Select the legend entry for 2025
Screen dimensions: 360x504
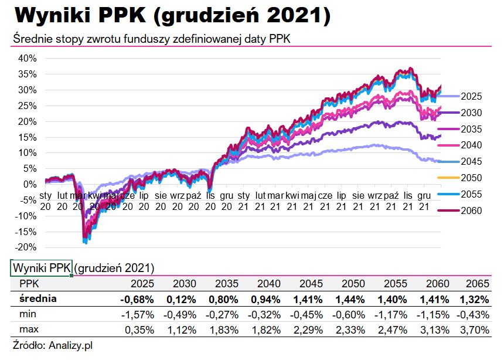coord(471,96)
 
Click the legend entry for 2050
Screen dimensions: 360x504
coord(471,178)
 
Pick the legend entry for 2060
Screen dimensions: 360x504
coord(471,210)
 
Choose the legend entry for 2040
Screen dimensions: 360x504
coord(471,145)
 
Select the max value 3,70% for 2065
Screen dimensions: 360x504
coord(475,330)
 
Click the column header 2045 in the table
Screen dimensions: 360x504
coord(311,284)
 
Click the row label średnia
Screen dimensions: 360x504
coord(38,299)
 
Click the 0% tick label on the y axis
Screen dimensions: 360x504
coord(31,184)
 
